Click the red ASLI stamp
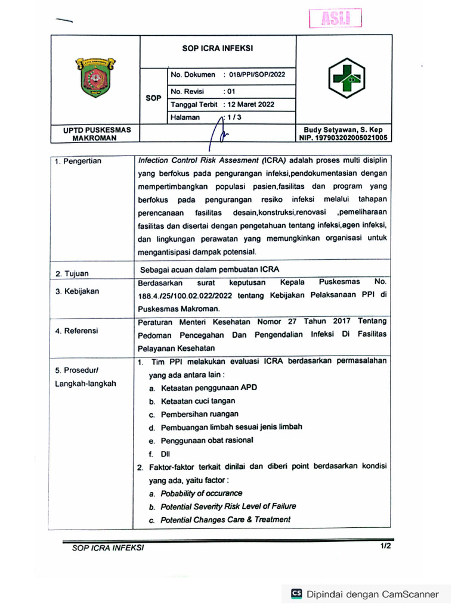pos(336,19)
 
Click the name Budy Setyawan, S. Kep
pos(343,130)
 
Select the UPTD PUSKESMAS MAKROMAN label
pos(93,133)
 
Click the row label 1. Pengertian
pos(78,161)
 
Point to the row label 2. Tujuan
pos(72,273)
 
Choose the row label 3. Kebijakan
pos(78,291)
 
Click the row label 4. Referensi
pos(77,331)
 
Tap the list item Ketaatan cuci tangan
pos(197,401)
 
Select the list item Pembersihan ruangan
pos(199,414)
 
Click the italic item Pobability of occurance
pos(201,493)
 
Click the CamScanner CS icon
pos(296,593)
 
